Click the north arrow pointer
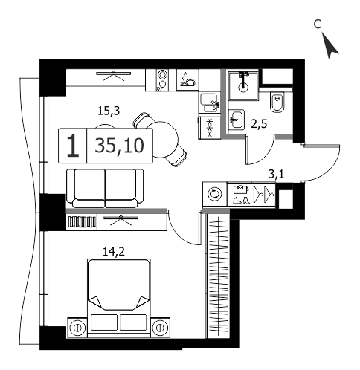point(330,47)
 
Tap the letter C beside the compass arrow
point(318,25)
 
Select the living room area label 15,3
point(109,111)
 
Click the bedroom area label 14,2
point(114,252)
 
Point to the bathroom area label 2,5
point(259,123)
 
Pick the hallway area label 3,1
point(276,175)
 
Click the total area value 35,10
point(120,146)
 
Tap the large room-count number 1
point(73,146)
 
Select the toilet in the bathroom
point(277,103)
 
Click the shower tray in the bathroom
point(243,85)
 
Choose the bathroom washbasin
point(237,119)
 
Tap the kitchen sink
point(210,103)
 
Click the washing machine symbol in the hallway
point(215,194)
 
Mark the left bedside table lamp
point(77,328)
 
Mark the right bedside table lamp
point(160,328)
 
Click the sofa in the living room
point(105,188)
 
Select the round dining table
point(165,140)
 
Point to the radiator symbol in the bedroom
point(82,221)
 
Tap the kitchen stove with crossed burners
point(210,128)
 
